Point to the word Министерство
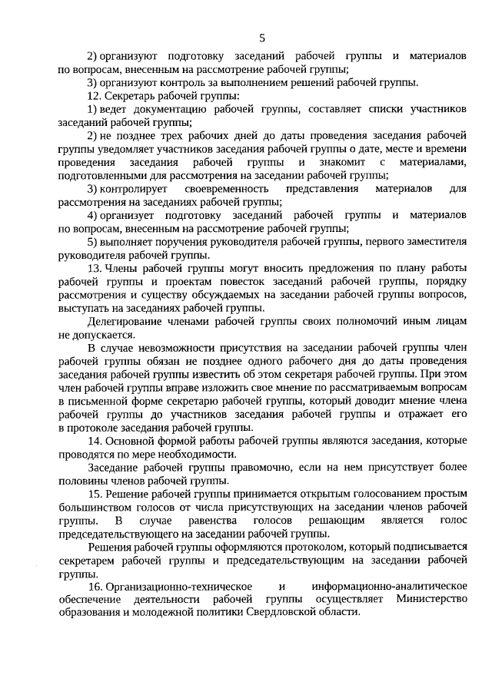(430, 600)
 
